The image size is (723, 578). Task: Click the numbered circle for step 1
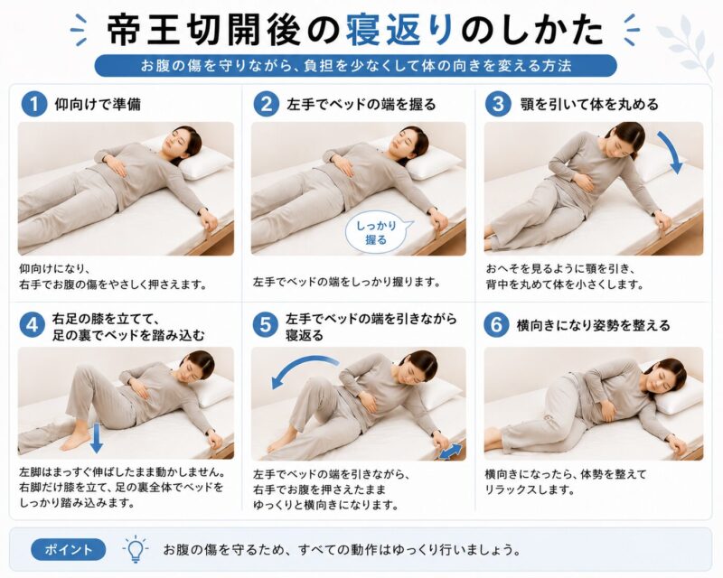coord(34,104)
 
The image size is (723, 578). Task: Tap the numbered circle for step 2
coord(266,104)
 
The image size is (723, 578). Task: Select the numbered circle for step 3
coord(498,104)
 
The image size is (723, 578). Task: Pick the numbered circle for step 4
coord(32,325)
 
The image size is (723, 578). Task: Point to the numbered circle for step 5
coord(265,325)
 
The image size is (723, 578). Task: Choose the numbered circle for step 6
coord(496,325)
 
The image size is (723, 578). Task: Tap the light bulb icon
coord(136,549)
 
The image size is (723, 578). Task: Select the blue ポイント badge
coord(69,549)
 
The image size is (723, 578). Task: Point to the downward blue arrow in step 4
coord(96,438)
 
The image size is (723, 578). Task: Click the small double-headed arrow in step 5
coord(450,452)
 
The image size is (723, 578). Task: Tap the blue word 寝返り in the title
coord(399,31)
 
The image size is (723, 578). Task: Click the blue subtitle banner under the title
coord(355,66)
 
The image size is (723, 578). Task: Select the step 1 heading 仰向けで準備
coord(98,105)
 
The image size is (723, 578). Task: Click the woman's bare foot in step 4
coord(75,442)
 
